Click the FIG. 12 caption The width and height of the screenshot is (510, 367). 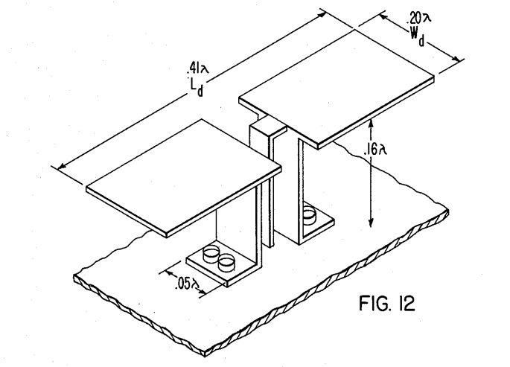point(387,303)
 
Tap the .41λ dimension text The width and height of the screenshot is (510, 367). point(198,68)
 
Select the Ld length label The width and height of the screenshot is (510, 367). point(197,88)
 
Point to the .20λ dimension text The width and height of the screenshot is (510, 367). point(418,18)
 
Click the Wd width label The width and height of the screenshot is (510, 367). point(417,36)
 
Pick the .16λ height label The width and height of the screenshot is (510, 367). point(375,149)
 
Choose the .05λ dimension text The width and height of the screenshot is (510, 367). point(187,283)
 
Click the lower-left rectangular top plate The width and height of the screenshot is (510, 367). point(184,178)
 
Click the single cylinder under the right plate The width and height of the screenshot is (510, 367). point(309,215)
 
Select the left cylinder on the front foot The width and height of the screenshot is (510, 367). point(211,254)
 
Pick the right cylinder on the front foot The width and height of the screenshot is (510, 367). point(226,263)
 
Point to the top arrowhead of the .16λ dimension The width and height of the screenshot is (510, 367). point(371,123)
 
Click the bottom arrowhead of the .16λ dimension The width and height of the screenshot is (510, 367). point(371,223)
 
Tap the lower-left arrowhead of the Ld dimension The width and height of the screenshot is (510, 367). point(62,167)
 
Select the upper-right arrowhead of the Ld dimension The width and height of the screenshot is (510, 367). point(322,14)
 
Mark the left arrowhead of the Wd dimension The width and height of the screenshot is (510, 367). point(383,16)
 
